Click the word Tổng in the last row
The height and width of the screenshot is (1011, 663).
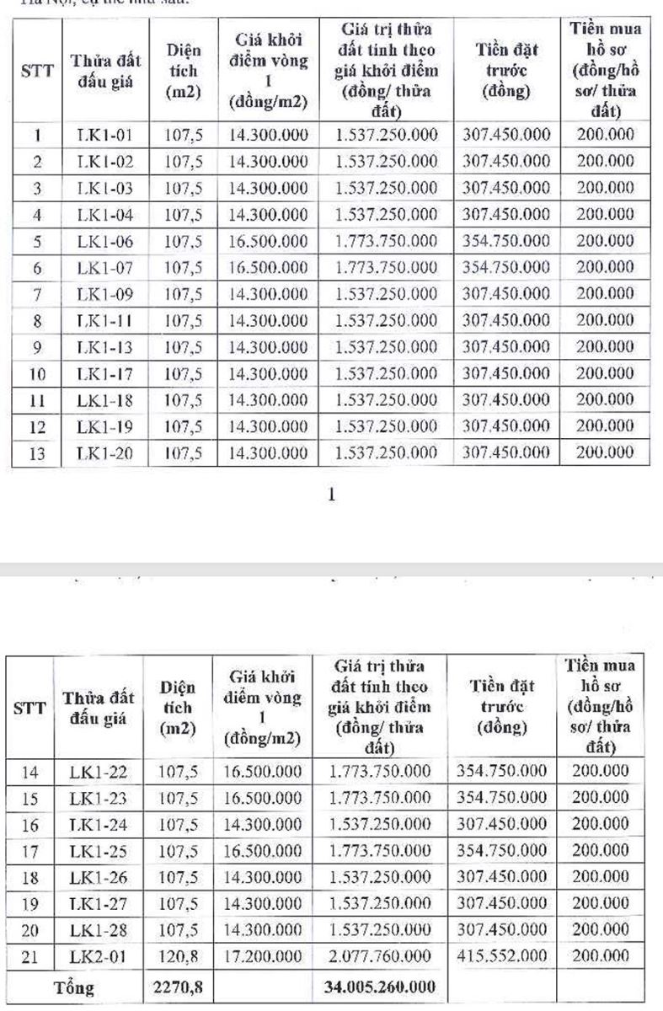click(72, 982)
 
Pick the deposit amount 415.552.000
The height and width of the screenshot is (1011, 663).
click(502, 955)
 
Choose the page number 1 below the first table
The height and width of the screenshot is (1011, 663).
click(331, 495)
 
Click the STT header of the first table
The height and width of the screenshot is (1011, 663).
click(38, 71)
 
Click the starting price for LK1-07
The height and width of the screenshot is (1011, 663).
click(269, 268)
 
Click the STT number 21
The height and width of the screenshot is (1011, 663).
click(29, 955)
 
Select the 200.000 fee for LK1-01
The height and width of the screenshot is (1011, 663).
click(605, 134)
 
